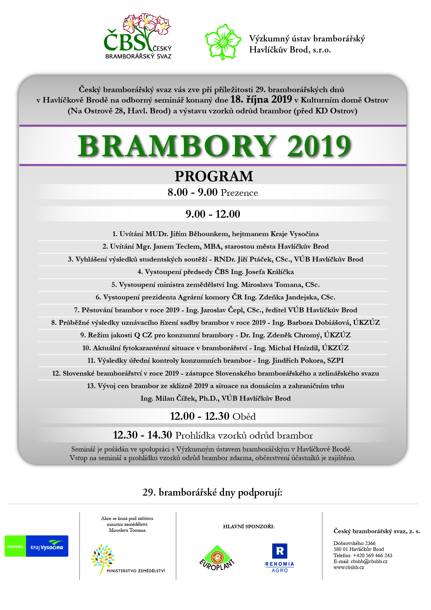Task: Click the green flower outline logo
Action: tap(223, 42)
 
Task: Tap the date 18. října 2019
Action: tap(261, 99)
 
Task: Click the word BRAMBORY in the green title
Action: tap(177, 146)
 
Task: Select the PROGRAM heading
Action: tap(214, 176)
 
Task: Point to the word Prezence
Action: tap(239, 193)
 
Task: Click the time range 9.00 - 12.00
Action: tap(213, 214)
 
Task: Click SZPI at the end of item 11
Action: tap(335, 360)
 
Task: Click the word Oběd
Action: tap(244, 417)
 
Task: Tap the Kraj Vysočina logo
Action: tap(36, 546)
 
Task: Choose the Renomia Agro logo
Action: tap(279, 557)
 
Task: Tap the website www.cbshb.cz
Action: tap(349, 567)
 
